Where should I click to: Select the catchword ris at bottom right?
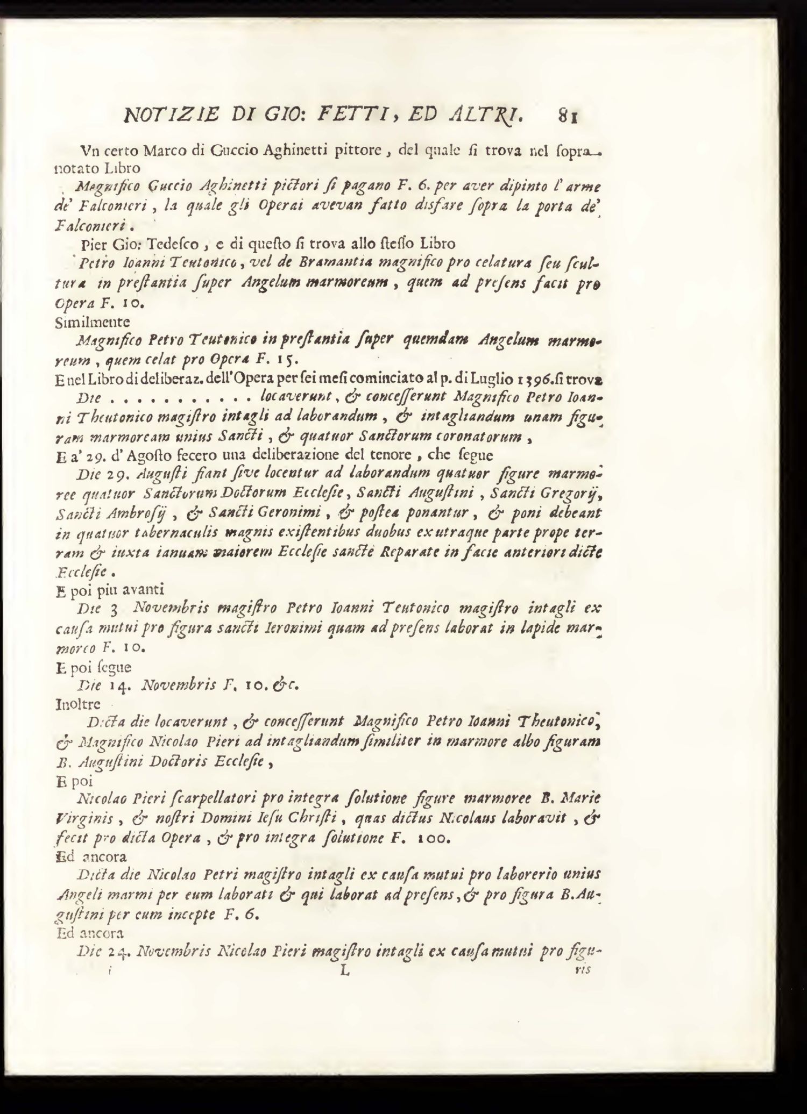tap(583, 970)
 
